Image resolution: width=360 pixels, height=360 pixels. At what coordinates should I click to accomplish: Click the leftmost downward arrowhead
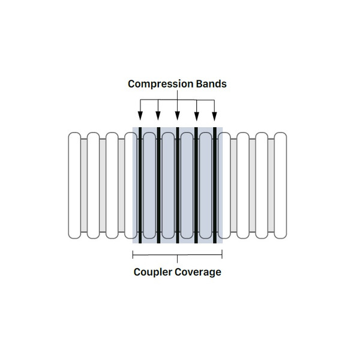pyautogui.click(x=140, y=116)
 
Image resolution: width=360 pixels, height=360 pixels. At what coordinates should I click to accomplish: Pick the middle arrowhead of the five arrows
pyautogui.click(x=177, y=116)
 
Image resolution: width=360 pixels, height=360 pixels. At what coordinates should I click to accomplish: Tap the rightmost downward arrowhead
pyautogui.click(x=215, y=116)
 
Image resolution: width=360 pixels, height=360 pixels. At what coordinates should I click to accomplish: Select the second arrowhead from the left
pyautogui.click(x=158, y=116)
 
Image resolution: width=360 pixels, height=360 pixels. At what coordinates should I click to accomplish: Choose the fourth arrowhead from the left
pyautogui.click(x=196, y=116)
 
